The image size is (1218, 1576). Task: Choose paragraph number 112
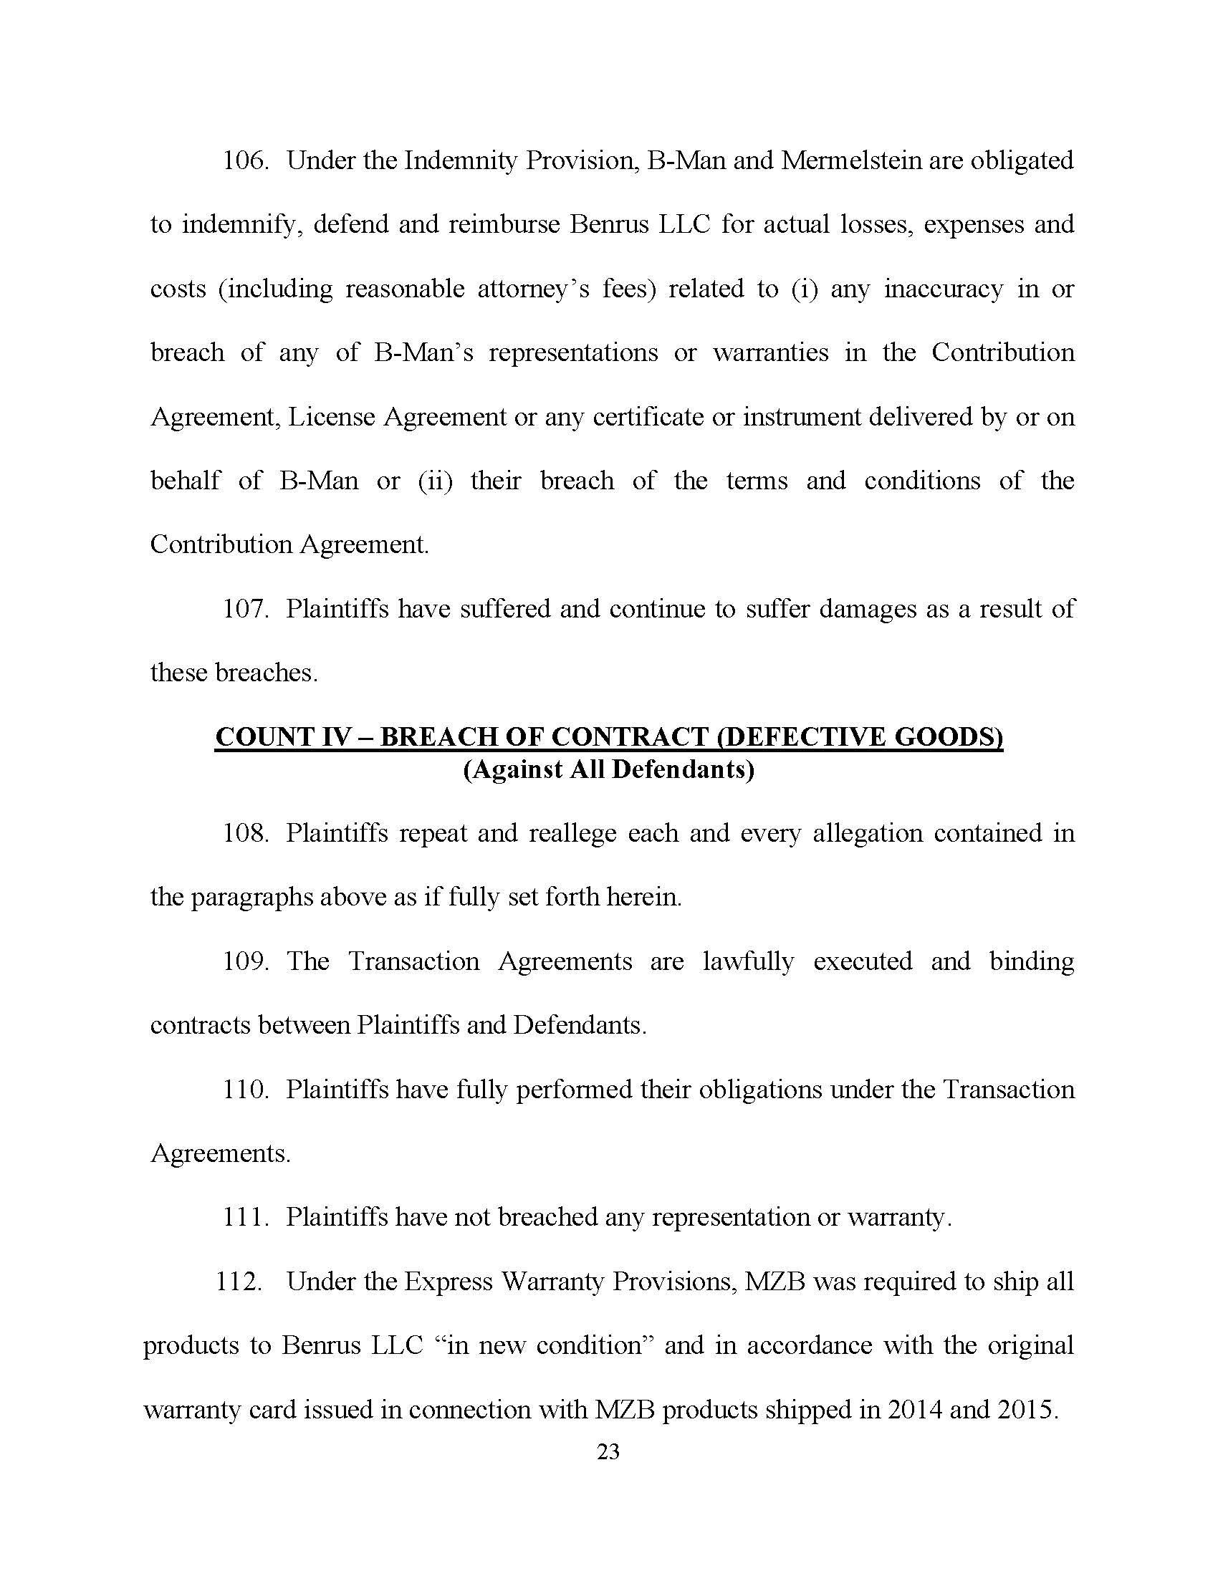[x=238, y=1282]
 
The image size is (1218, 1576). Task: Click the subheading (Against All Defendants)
[x=608, y=770]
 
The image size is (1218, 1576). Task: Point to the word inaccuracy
[x=943, y=289]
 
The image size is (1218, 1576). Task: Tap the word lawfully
[x=748, y=962]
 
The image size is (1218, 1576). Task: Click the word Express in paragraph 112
[x=447, y=1282]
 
